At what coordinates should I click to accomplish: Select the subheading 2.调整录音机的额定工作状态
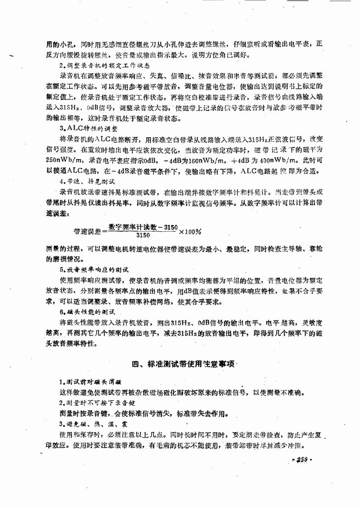pos(94,66)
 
